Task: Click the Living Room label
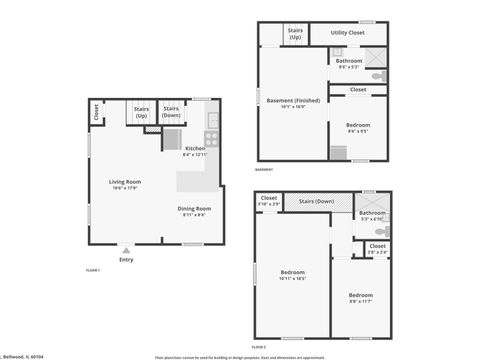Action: coord(125,181)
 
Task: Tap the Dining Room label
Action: coord(194,208)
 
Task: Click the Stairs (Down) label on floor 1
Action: coord(171,110)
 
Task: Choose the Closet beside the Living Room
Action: coord(96,112)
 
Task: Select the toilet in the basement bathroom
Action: coord(378,77)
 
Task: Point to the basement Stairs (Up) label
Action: coord(296,34)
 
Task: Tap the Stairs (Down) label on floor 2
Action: coord(316,201)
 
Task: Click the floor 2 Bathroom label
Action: coord(372,213)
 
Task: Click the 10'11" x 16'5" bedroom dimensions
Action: coord(292,277)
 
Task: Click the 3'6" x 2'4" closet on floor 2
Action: coord(377,251)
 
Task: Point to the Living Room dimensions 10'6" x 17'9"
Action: coord(125,187)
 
